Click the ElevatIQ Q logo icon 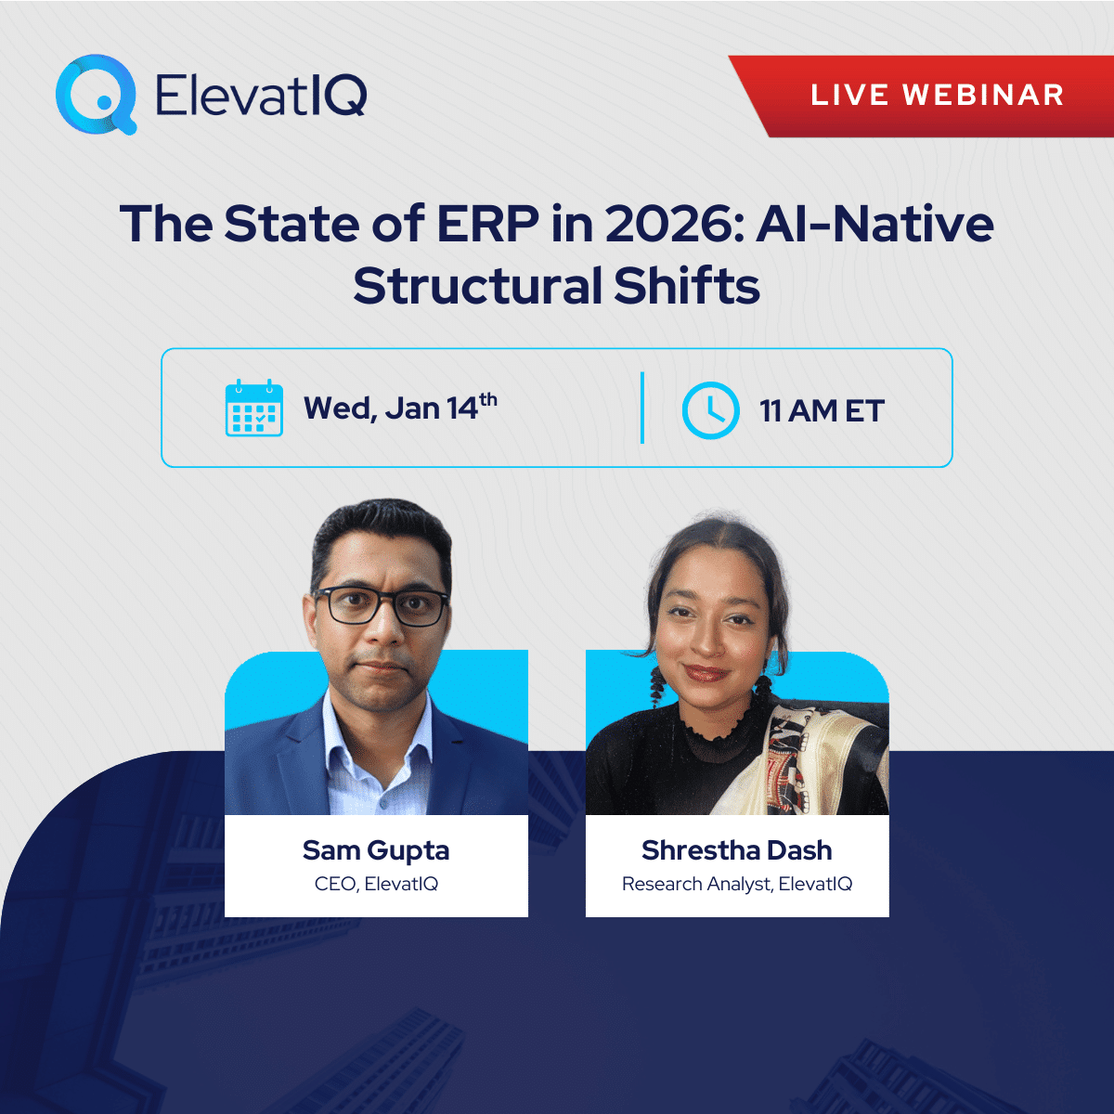pyautogui.click(x=96, y=94)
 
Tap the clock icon pyautogui.click(x=710, y=409)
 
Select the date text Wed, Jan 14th pyautogui.click(x=399, y=408)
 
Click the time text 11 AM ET pyautogui.click(x=822, y=410)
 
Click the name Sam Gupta pyautogui.click(x=376, y=850)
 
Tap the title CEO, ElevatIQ pyautogui.click(x=376, y=884)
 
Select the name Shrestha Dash pyautogui.click(x=736, y=850)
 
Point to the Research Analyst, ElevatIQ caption pyautogui.click(x=736, y=884)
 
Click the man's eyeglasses pyautogui.click(x=381, y=606)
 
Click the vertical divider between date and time pyautogui.click(x=642, y=408)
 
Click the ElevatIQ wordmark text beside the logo pyautogui.click(x=261, y=95)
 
